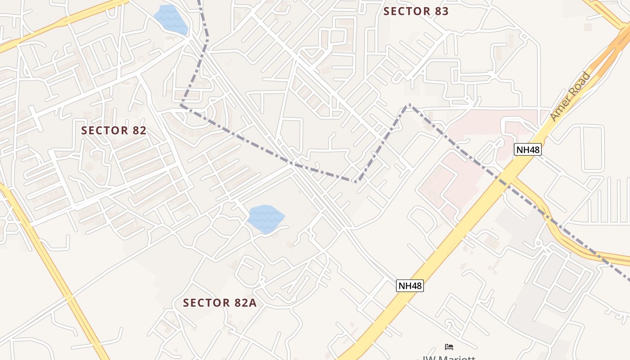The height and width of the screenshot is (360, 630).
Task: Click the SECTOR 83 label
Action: pos(416,11)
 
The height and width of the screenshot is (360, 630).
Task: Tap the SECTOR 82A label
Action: pos(220,303)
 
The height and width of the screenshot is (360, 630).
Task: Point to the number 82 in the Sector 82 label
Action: pos(139,130)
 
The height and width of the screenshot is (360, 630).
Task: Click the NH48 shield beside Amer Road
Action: pos(528,149)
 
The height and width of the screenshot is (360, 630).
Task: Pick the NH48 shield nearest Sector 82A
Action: pos(410,285)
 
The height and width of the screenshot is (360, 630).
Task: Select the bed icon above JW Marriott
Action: pos(449,347)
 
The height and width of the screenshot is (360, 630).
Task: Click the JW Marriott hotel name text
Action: pos(449,358)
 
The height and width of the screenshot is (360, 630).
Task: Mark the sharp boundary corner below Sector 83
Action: pos(408,105)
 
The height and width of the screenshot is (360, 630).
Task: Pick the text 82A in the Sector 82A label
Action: pos(245,303)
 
